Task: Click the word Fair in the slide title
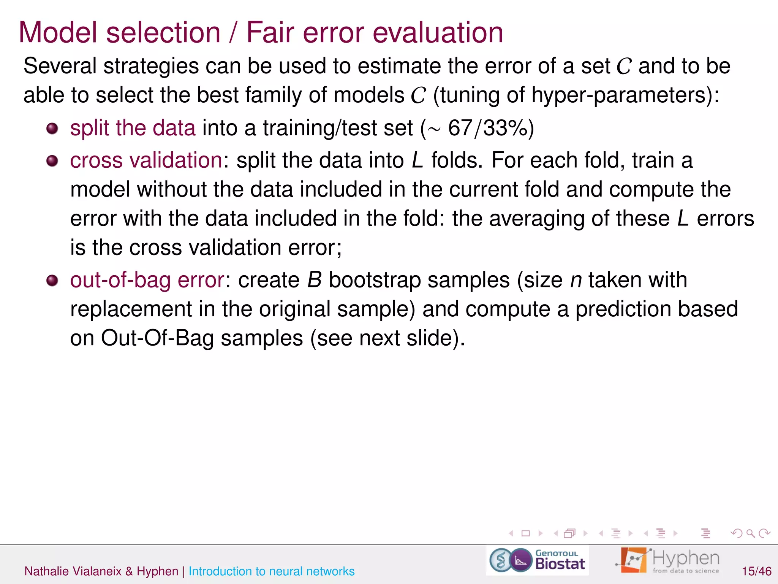pos(270,33)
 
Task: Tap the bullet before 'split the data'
pos(52,129)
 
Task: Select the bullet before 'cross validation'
pos(52,161)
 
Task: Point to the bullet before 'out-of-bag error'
pos(52,281)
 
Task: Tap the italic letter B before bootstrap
pos(315,280)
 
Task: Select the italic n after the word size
pos(576,280)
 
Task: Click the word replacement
pos(131,309)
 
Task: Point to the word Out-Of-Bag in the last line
pos(157,338)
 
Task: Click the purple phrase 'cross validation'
pos(146,160)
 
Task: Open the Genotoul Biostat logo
pos(537,560)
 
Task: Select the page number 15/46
pos(756,571)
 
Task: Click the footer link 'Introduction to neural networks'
pos(271,571)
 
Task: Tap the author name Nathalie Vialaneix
pos(73,571)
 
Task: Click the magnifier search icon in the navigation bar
pos(750,533)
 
